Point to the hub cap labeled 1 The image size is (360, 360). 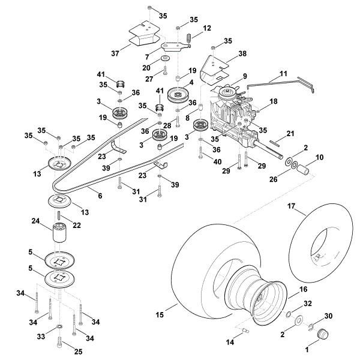coord(323,333)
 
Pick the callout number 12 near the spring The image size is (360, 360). coord(207,28)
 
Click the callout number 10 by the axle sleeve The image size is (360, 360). coord(320,157)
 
